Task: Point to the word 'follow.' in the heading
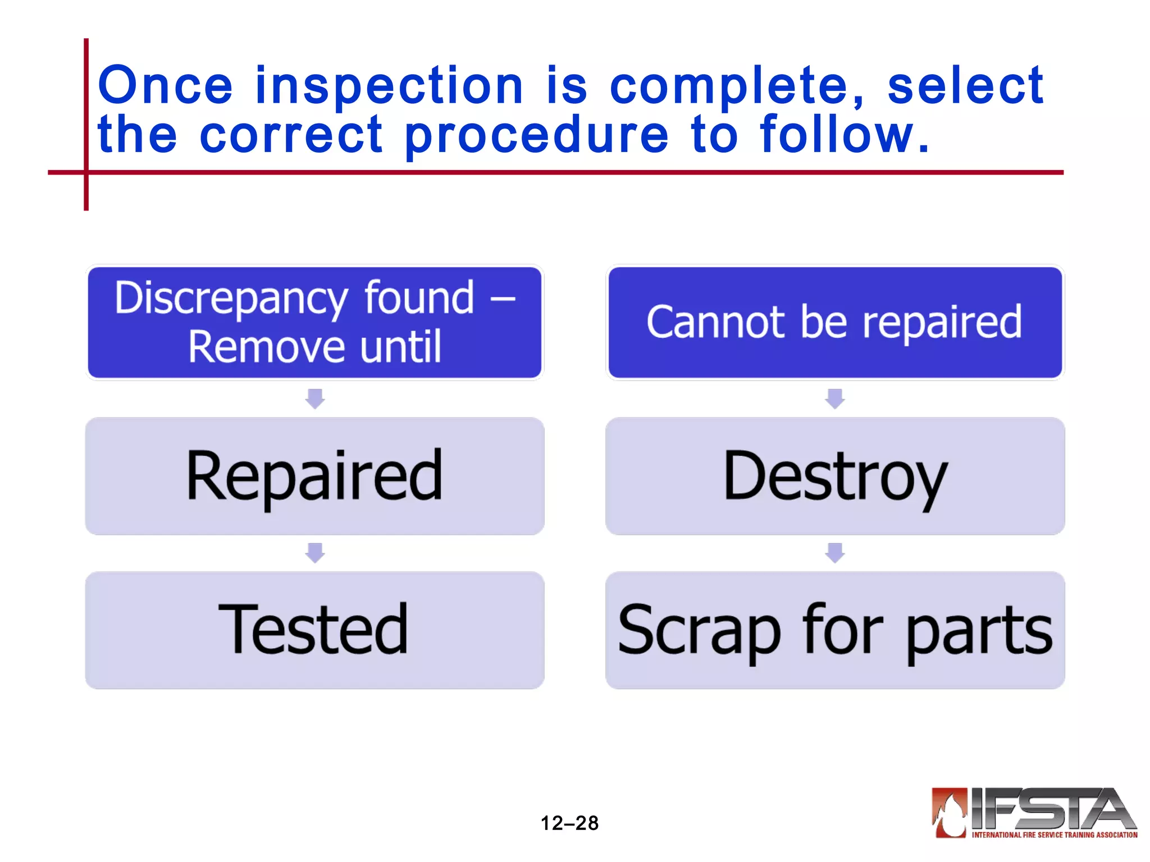pos(845,135)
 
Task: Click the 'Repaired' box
pos(314,476)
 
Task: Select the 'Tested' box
pos(314,630)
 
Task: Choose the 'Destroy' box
pos(835,476)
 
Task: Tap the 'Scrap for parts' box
pos(835,630)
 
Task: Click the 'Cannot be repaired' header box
pos(835,322)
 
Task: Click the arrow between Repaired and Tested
pos(315,553)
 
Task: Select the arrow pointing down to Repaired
pos(315,398)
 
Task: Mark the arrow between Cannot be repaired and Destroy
pos(835,398)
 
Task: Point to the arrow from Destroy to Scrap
pos(835,553)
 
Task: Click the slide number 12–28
pos(569,823)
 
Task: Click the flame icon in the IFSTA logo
pos(950,812)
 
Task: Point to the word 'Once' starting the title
pos(166,86)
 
